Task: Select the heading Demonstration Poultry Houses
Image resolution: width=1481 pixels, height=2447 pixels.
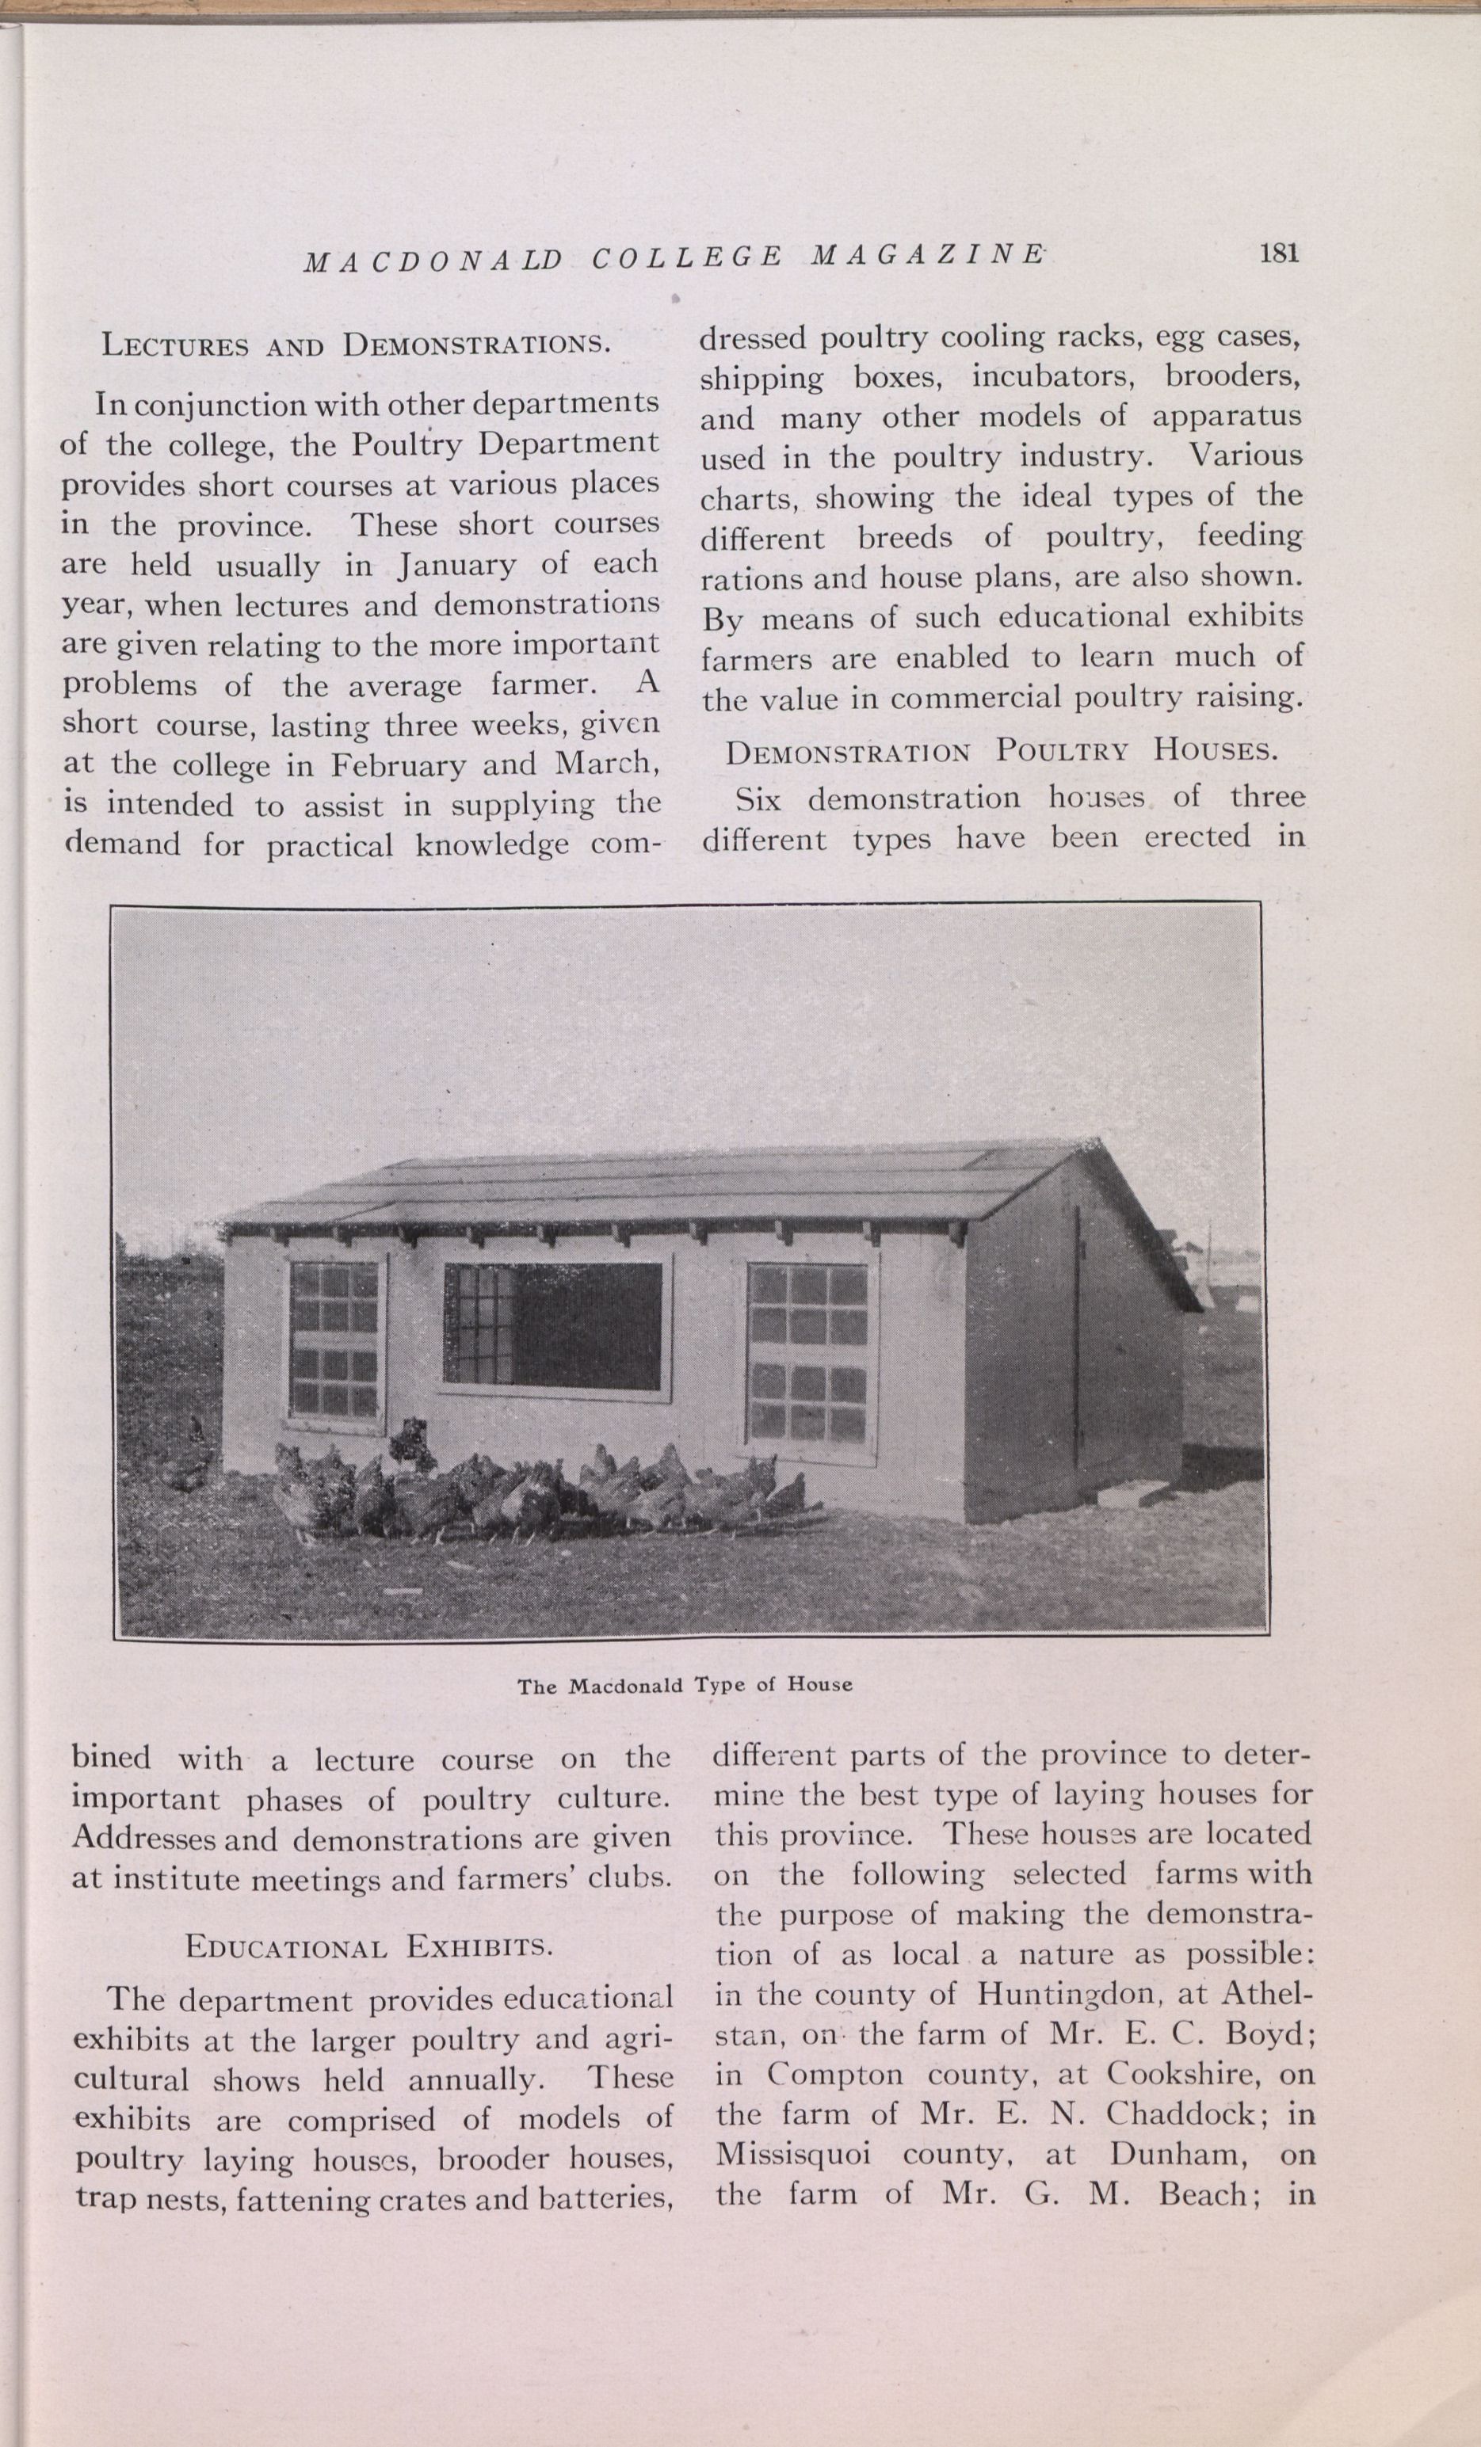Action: pos(1000,751)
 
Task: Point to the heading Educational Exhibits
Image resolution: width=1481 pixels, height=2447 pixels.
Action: pos(368,1946)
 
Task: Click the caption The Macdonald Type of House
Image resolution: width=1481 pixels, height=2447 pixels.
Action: pos(685,1685)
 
